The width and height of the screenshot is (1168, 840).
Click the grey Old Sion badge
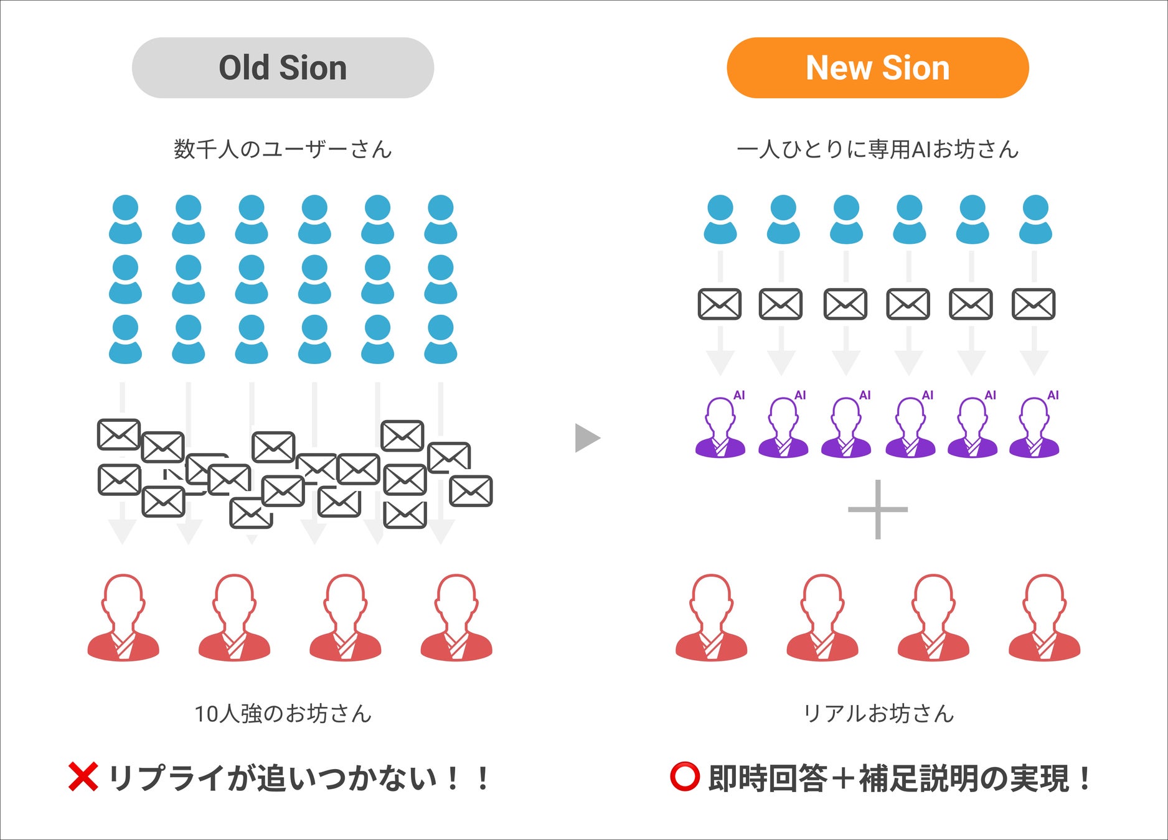coord(283,68)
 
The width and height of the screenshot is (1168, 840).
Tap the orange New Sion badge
coord(877,68)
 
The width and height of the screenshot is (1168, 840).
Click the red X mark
coord(83,777)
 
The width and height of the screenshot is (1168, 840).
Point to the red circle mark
coord(684,777)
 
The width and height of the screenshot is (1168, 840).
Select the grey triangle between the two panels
coord(586,438)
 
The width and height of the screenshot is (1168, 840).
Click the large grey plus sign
coord(877,509)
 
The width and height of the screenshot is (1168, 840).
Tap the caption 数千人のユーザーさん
coord(283,149)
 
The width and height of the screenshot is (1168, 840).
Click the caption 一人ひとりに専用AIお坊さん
coord(877,149)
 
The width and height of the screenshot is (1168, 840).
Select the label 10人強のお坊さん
coord(283,714)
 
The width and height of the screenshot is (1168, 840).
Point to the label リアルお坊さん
coord(878,714)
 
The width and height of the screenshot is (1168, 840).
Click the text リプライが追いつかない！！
coord(299,778)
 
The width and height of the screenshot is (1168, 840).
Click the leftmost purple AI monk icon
coord(720,429)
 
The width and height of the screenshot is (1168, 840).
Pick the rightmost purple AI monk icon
coord(1034,429)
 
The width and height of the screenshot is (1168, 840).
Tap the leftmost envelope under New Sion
coord(720,304)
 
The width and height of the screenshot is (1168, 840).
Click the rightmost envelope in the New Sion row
coord(1034,304)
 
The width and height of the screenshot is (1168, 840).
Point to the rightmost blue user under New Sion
coord(1035,220)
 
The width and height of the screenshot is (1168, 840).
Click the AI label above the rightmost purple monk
coord(1053,395)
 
